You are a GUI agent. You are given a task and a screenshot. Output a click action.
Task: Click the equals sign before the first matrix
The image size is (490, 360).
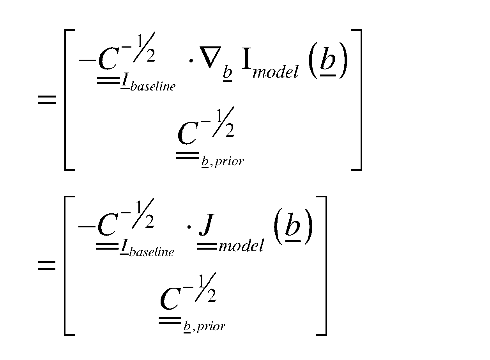[x=47, y=100]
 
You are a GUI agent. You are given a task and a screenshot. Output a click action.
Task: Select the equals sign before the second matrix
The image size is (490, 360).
[x=47, y=265]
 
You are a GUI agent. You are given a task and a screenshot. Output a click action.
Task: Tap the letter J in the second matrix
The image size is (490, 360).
[x=206, y=225]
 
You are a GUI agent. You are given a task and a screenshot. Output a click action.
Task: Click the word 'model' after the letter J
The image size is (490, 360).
[x=241, y=246]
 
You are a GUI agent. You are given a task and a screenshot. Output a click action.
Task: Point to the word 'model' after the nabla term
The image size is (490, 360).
[x=276, y=71]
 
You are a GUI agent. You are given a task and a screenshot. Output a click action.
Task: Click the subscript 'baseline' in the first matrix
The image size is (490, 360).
[x=153, y=86]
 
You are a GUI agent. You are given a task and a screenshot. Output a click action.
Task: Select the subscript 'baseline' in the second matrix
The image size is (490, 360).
[x=151, y=252]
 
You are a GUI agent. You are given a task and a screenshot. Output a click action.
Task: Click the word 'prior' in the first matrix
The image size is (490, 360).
[x=229, y=162]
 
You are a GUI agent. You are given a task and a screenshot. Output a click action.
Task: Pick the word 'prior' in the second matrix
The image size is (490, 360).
[x=211, y=327]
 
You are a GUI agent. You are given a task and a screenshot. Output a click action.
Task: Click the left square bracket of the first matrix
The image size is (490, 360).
[x=69, y=100]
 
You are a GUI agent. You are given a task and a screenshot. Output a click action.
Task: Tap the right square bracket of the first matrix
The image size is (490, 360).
[x=357, y=100]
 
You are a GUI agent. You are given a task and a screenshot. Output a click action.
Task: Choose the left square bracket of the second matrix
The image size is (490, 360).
[x=69, y=266]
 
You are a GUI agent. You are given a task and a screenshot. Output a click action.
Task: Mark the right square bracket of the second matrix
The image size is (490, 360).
[x=322, y=266]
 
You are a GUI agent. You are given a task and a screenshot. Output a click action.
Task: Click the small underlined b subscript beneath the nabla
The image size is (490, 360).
[x=228, y=74]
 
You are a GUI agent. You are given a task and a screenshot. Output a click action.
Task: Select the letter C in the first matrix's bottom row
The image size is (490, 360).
[x=188, y=133]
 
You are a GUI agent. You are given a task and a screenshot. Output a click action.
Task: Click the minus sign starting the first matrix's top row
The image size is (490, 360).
[x=87, y=60]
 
